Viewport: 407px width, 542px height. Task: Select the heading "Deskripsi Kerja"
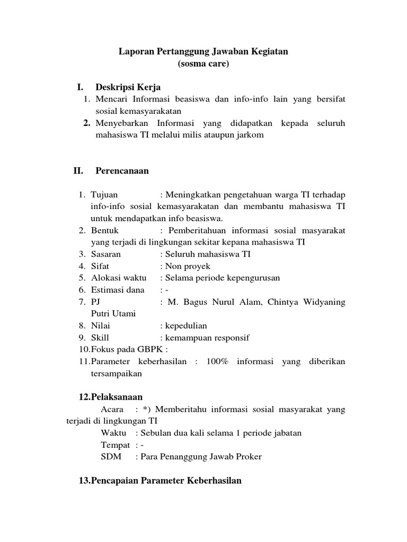coord(128,87)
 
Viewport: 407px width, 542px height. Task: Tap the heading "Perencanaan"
coord(122,170)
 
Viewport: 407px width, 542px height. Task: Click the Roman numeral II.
coord(79,170)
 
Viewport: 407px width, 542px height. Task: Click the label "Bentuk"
coord(105,231)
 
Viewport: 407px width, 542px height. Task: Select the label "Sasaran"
coord(106,254)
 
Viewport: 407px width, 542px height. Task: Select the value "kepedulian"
coord(186,326)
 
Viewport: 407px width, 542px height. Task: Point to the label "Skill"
coord(100,338)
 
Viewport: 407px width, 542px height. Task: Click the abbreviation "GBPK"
coord(151,349)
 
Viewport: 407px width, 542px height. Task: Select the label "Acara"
coord(112,409)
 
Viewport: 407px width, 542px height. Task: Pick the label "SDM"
coord(111,456)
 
